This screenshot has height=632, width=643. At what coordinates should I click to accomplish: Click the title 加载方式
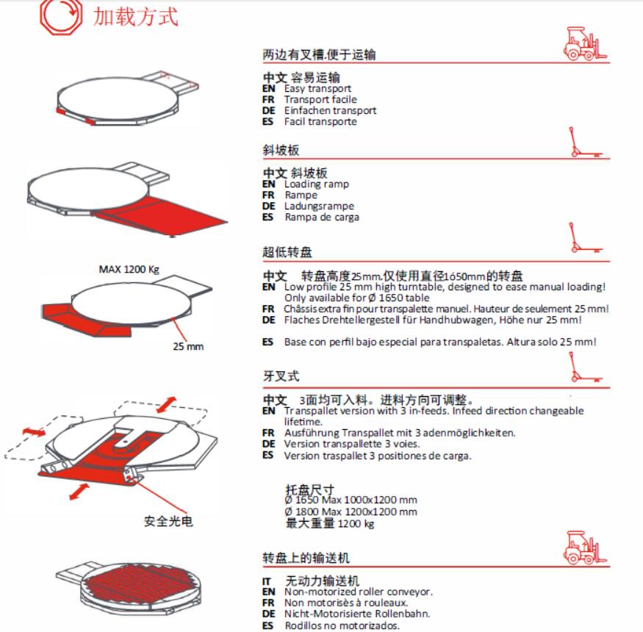tap(134, 16)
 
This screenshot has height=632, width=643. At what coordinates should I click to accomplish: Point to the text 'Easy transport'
tap(317, 88)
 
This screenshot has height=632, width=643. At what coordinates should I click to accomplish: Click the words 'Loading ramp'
tap(317, 184)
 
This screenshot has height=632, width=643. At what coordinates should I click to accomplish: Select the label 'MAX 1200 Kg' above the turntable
tap(129, 269)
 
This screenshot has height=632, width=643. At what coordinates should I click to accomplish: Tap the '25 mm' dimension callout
tap(188, 346)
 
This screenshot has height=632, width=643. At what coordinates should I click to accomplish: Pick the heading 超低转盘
tap(287, 253)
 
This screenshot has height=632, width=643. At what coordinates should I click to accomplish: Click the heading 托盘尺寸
tap(309, 489)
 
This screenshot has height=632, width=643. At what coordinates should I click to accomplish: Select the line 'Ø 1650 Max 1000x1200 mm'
tap(351, 500)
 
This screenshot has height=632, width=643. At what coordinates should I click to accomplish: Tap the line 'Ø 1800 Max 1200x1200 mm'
tap(351, 511)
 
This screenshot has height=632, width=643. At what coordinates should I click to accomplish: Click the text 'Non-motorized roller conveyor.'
tap(359, 592)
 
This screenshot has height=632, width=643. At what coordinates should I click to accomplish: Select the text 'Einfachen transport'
tap(330, 110)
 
